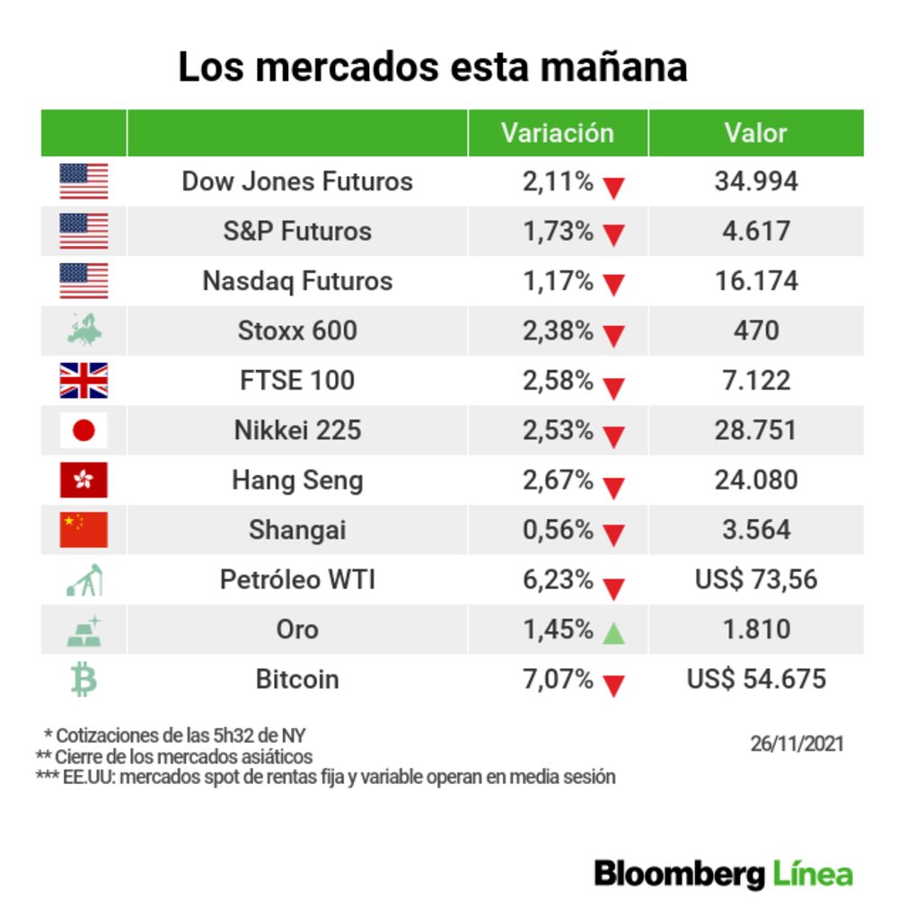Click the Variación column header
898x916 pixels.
click(557, 133)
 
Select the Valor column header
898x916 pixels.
click(755, 133)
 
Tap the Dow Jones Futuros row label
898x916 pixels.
click(297, 181)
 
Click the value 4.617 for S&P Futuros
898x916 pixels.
click(755, 231)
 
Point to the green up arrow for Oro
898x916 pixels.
click(613, 633)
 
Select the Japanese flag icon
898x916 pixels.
click(84, 430)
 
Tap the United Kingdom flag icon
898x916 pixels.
click(84, 380)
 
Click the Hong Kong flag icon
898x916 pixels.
click(84, 480)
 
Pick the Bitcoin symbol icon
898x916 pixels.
click(84, 679)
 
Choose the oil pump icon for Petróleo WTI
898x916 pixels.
click(84, 579)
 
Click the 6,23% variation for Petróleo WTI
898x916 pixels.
click(558, 579)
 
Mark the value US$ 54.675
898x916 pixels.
click(755, 679)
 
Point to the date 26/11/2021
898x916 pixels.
click(797, 744)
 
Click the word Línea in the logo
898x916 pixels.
click(812, 874)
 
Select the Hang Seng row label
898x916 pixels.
click(297, 480)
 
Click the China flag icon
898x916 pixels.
click(84, 529)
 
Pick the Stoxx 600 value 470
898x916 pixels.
click(755, 330)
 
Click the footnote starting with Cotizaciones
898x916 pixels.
click(180, 735)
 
